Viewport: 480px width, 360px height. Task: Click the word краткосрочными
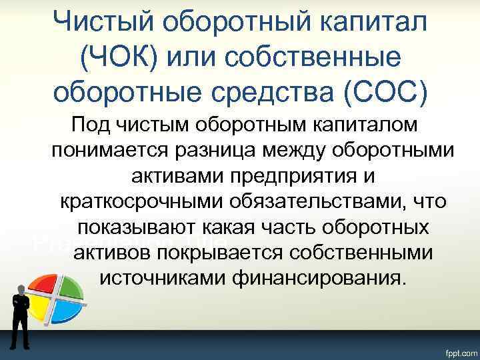pyautogui.click(x=140, y=201)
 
